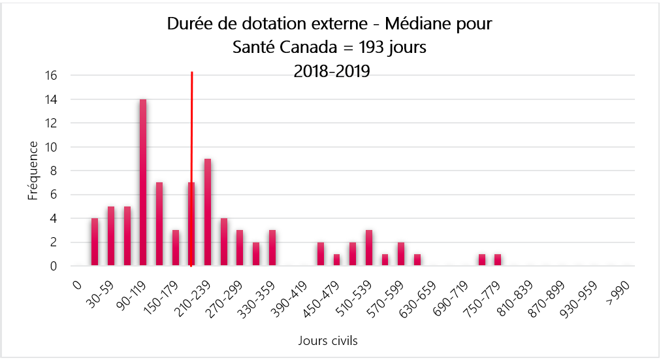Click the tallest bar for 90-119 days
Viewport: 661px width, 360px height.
point(143,183)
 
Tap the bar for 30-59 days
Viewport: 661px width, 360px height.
point(111,236)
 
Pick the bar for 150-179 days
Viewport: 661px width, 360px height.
point(176,248)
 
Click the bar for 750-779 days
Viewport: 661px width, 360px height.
point(482,260)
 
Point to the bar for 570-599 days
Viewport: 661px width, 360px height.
point(385,260)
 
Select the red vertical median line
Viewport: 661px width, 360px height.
point(191,131)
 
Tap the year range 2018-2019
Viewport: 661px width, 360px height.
point(332,71)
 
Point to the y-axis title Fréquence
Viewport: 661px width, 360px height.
point(33,171)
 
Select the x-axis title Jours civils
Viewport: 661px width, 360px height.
point(327,340)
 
